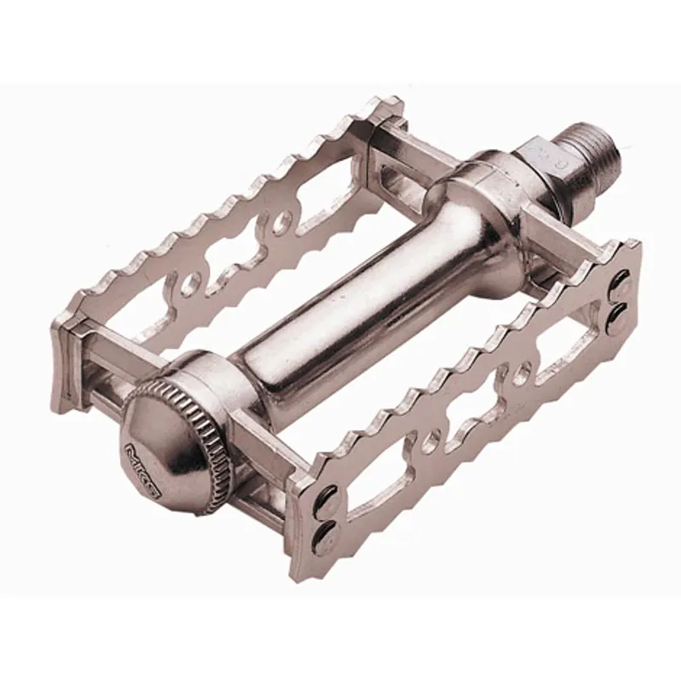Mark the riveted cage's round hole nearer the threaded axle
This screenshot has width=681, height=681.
pyautogui.click(x=525, y=372)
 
